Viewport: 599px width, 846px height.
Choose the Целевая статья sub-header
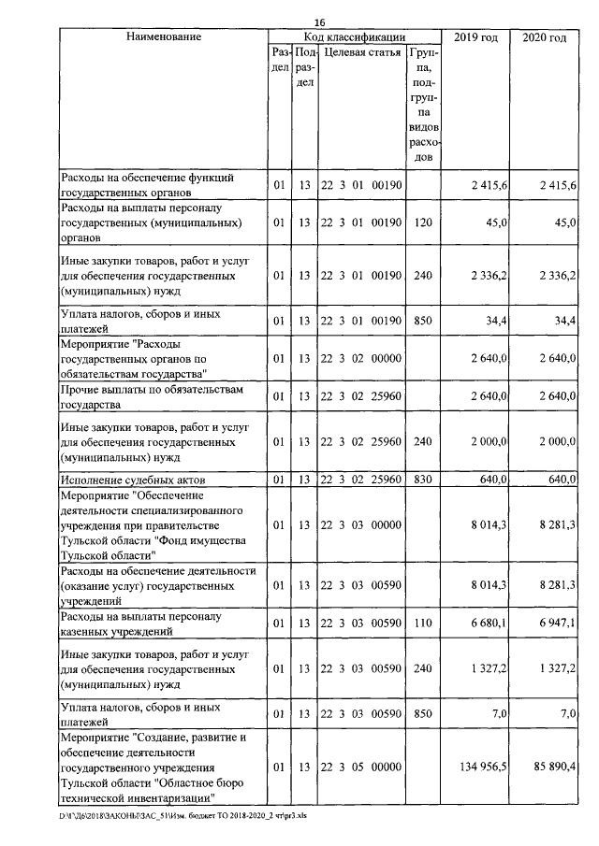point(362,52)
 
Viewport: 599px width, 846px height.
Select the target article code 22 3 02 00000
point(362,358)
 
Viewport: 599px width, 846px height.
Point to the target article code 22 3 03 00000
point(362,525)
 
